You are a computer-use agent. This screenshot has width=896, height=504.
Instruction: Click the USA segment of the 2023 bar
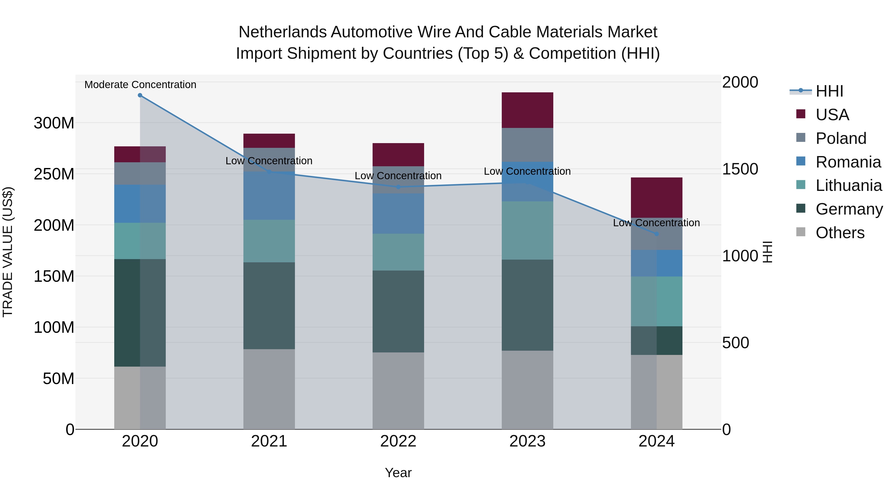click(527, 110)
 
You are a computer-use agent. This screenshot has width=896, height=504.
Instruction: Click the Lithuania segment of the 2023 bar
click(527, 230)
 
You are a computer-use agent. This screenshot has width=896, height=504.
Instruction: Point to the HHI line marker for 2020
click(140, 95)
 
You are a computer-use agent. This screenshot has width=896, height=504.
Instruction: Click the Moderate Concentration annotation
click(140, 85)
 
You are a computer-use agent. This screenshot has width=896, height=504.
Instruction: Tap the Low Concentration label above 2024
click(656, 223)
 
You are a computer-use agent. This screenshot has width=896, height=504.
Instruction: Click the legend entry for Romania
click(848, 162)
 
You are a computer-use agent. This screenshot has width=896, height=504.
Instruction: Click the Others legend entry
click(840, 233)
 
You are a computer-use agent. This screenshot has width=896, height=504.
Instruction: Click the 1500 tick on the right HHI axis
click(740, 169)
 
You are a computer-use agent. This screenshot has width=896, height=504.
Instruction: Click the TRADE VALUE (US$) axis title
click(8, 252)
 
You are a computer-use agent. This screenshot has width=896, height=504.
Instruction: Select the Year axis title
click(398, 473)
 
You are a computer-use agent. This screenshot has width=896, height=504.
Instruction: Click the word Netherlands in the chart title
click(282, 32)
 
